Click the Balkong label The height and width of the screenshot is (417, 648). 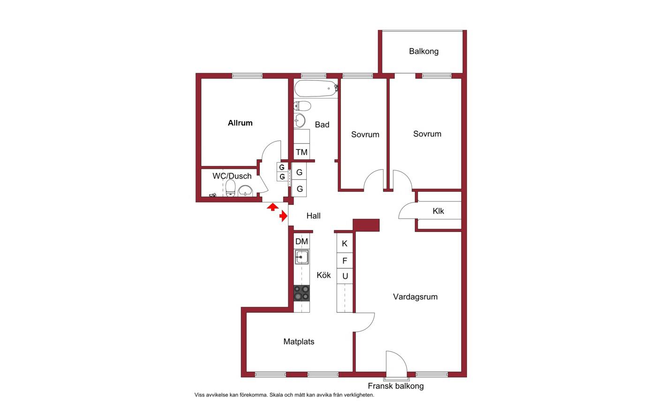point(423,52)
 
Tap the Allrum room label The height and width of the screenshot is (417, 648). point(240,123)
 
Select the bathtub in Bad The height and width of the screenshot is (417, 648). point(316,88)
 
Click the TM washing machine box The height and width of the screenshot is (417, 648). point(301,151)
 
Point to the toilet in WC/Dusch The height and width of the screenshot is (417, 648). point(230,188)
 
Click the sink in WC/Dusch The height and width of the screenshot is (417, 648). point(245,191)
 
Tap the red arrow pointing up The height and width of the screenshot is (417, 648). point(272,207)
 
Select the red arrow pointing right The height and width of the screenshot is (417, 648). point(284,216)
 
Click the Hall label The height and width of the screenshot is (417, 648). point(313,216)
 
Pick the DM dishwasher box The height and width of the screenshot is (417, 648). point(301,241)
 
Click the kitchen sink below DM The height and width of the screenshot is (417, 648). point(301,257)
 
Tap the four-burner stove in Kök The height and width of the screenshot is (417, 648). point(301,293)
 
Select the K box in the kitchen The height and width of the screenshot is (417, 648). point(345,243)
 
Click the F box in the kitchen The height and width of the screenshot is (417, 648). point(345,261)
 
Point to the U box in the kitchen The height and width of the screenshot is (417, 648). point(345,276)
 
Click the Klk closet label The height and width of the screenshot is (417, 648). point(438,211)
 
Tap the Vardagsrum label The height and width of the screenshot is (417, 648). point(415,297)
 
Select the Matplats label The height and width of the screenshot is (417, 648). point(299,342)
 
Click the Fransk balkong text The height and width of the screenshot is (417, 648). point(396,386)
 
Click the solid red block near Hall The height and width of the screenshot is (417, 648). point(366,225)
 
